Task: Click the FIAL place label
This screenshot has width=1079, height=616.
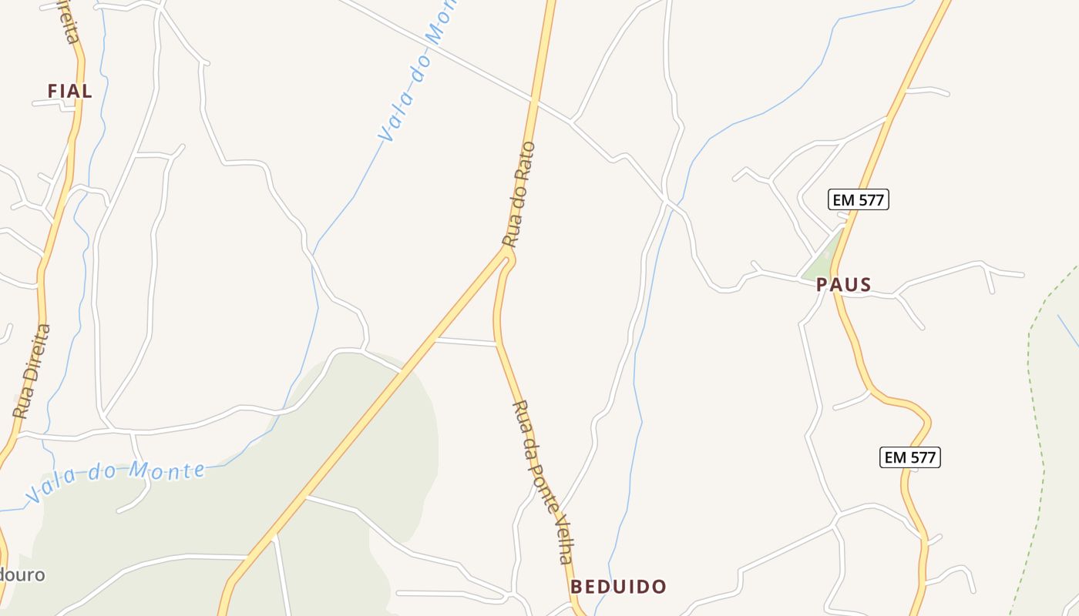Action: point(69,91)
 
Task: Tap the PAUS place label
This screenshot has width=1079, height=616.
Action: point(844,285)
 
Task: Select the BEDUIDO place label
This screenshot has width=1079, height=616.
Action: point(618,587)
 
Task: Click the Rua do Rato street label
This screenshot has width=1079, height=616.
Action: point(519,193)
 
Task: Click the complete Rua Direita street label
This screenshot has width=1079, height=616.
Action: point(32,370)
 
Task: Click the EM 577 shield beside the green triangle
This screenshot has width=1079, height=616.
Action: point(859,200)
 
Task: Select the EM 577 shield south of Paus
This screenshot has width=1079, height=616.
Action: point(910,457)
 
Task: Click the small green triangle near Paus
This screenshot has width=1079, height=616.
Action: point(822,258)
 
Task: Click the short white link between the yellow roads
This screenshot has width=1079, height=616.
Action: point(466,340)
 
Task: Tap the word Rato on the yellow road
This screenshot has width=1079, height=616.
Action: point(526,161)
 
